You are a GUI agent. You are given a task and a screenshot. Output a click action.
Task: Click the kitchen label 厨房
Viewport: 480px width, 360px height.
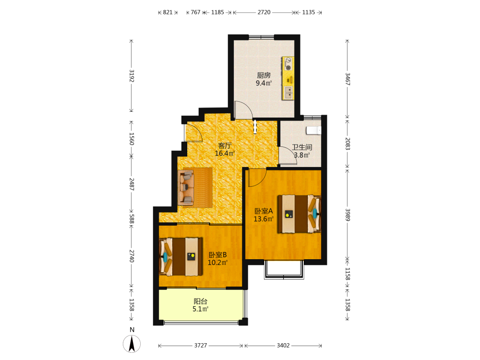pyautogui.click(x=264, y=75)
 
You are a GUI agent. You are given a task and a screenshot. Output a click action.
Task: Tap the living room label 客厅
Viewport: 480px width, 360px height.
pyautogui.click(x=225, y=146)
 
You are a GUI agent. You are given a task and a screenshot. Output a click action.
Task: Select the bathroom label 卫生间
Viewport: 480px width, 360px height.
pyautogui.click(x=302, y=147)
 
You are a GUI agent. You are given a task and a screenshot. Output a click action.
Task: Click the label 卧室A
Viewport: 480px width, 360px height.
pyautogui.click(x=264, y=211)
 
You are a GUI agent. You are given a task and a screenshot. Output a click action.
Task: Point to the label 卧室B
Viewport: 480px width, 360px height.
pyautogui.click(x=217, y=255)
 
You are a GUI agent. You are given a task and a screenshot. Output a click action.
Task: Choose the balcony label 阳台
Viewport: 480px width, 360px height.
pyautogui.click(x=201, y=301)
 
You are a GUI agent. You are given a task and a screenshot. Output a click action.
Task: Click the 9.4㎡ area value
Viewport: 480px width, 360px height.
pyautogui.click(x=264, y=83)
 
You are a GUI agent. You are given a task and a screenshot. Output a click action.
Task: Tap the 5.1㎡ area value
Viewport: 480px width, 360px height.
pyautogui.click(x=200, y=309)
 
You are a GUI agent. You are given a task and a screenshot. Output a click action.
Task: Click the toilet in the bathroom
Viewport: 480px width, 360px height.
pyautogui.click(x=313, y=131)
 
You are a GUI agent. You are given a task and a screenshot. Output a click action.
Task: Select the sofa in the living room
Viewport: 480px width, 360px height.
pyautogui.click(x=186, y=187)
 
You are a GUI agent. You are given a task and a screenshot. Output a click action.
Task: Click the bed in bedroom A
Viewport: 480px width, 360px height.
pyautogui.click(x=299, y=214)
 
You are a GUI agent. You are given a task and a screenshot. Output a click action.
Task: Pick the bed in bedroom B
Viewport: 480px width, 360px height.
pyautogui.click(x=181, y=256)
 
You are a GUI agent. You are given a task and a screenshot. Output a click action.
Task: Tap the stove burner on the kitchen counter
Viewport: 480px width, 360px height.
pyautogui.click(x=288, y=67)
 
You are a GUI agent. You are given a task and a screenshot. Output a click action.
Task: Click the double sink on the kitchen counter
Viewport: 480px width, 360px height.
pyautogui.click(x=288, y=93)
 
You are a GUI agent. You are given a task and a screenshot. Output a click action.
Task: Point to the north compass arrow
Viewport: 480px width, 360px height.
pyautogui.click(x=132, y=344)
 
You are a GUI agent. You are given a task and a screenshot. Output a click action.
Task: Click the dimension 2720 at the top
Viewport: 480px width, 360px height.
pyautogui.click(x=264, y=12)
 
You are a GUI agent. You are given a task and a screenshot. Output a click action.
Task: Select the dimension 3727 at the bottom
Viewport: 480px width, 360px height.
pyautogui.click(x=201, y=345)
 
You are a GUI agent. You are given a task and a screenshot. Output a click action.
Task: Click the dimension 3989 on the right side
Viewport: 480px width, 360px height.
pyautogui.click(x=348, y=215)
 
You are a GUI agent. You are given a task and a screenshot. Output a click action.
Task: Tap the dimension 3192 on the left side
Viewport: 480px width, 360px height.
pyautogui.click(x=132, y=76)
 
